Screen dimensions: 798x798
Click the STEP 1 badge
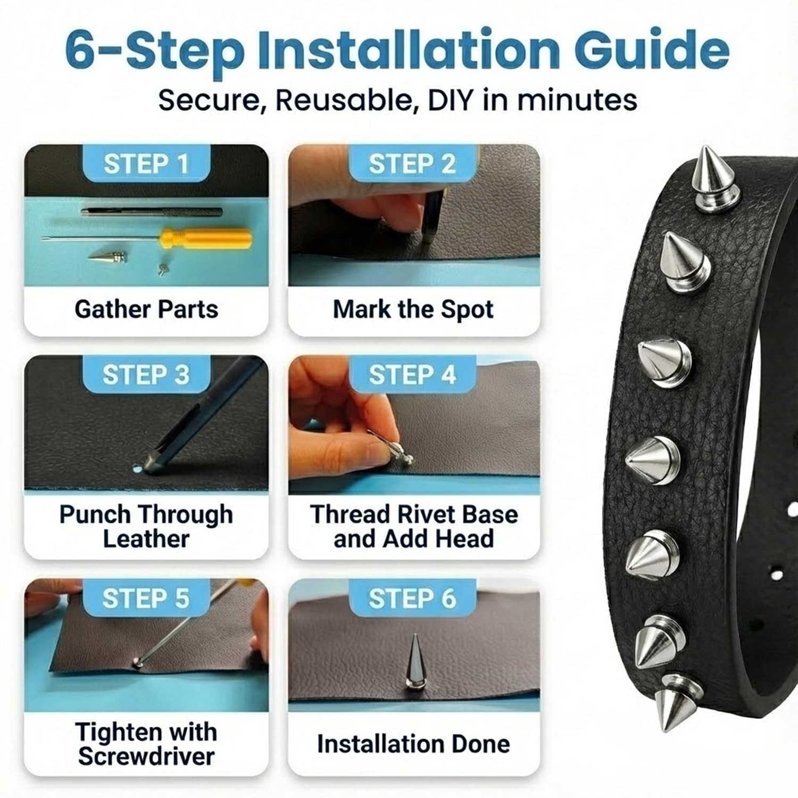[146, 163]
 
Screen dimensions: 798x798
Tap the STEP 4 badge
[412, 375]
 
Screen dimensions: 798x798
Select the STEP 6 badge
[412, 598]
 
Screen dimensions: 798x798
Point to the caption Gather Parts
[146, 309]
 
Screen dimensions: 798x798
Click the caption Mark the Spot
[413, 309]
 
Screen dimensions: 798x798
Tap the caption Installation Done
[413, 744]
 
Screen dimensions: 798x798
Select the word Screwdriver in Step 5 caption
[146, 756]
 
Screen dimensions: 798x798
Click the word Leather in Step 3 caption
[146, 538]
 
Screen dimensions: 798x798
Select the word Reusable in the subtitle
[344, 99]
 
